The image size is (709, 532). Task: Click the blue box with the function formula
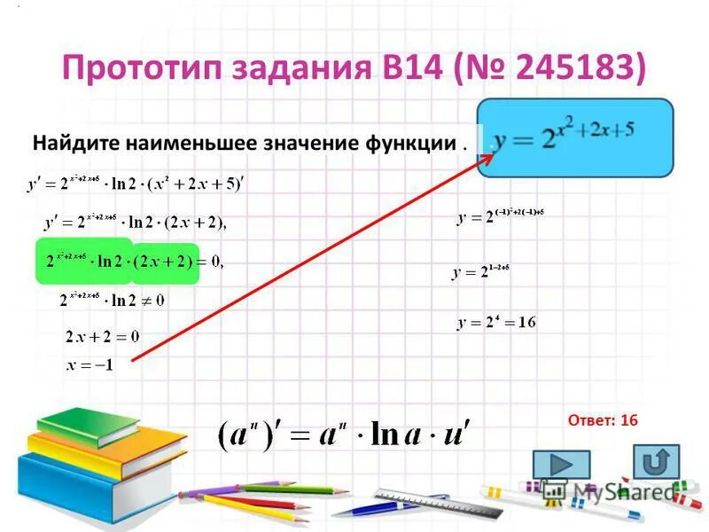coord(575,140)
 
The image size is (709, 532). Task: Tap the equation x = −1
coord(90,364)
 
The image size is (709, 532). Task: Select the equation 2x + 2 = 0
coord(103,337)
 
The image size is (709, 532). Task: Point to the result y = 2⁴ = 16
coord(496,323)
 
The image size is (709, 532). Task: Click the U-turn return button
coord(657,462)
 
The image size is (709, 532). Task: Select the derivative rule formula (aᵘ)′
coord(345,434)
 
